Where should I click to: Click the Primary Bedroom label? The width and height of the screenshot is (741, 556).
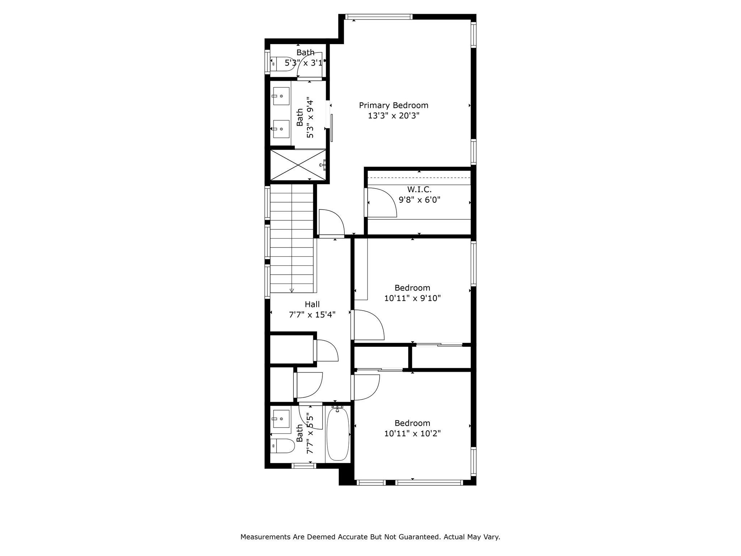point(394,105)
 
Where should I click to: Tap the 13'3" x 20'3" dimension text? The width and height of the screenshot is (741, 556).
point(394,116)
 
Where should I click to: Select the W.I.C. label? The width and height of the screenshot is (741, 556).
point(419,189)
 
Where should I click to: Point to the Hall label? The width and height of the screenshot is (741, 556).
point(312,304)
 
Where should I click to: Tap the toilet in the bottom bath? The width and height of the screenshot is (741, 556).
point(283,446)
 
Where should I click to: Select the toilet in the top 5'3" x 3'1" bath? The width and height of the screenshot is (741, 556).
point(283,64)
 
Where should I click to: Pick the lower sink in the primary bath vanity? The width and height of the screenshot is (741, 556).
point(281,129)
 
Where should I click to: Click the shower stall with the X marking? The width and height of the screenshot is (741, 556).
point(298,165)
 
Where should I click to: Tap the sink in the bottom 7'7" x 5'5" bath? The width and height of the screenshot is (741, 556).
point(281,419)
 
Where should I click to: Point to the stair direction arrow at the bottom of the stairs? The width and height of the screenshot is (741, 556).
point(292,290)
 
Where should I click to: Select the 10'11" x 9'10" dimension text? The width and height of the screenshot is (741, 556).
point(412,298)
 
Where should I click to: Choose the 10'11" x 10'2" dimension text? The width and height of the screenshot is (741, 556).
point(412,433)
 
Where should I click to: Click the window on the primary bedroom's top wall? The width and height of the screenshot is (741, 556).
point(378,17)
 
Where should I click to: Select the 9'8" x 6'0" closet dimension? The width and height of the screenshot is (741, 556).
point(419,199)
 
